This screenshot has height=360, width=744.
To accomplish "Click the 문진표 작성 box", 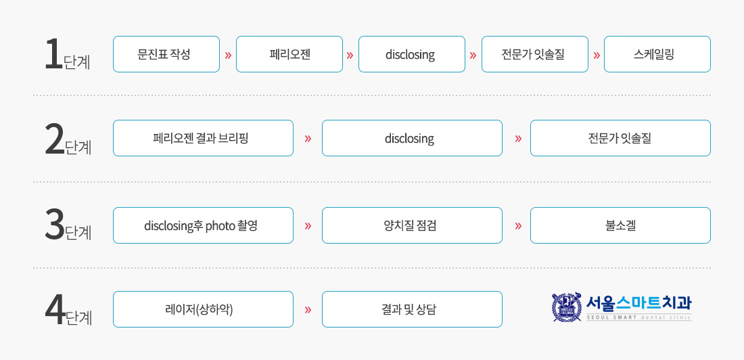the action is [x=166, y=54].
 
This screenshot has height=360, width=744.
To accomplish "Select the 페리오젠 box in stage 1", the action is [x=289, y=54].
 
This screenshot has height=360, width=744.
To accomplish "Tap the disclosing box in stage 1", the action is [x=412, y=54].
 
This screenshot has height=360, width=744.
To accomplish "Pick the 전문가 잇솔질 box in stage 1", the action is [x=535, y=54].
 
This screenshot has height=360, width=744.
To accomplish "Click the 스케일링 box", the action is [x=657, y=54].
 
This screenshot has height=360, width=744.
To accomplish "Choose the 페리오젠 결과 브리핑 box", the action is [x=203, y=138].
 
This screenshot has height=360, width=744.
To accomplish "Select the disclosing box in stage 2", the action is [x=412, y=138].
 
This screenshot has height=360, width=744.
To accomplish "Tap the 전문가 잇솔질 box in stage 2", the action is [x=621, y=138].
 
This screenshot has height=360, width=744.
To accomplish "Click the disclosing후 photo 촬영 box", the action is [x=203, y=225].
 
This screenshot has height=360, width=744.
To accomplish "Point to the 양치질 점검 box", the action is [x=412, y=225].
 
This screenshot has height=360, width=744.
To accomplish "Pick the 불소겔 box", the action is [x=621, y=225].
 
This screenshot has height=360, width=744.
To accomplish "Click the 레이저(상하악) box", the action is [x=203, y=309].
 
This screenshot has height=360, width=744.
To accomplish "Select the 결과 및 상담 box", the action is [x=412, y=309].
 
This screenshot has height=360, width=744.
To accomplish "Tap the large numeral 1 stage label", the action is [x=53, y=54].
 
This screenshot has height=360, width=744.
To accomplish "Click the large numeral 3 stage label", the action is [x=54, y=225].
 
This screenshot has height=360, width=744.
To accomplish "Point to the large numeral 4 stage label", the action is [x=55, y=311].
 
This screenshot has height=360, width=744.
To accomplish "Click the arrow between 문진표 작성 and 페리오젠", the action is [x=228, y=55].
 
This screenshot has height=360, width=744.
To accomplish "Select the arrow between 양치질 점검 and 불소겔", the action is [x=517, y=225].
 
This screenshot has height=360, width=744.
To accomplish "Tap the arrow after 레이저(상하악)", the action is [x=308, y=310].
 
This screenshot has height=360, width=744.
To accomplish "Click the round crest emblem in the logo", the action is [x=567, y=307].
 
